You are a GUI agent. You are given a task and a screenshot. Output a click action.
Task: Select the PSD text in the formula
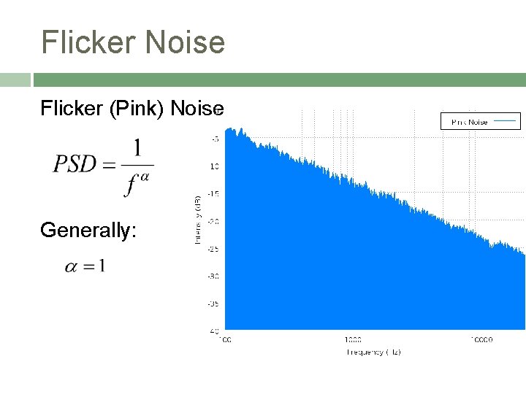click(x=75, y=163)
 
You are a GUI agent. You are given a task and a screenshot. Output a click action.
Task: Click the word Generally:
click(x=88, y=231)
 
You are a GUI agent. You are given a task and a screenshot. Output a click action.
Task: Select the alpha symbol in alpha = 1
click(x=71, y=267)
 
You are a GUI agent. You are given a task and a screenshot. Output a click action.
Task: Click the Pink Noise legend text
click(x=469, y=122)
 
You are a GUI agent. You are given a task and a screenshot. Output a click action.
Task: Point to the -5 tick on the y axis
click(x=214, y=139)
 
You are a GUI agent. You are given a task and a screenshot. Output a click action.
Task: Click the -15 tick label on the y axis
click(x=213, y=193)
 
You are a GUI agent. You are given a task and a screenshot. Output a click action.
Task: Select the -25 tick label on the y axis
click(x=213, y=249)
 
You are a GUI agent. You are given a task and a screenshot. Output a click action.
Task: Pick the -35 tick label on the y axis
click(x=213, y=304)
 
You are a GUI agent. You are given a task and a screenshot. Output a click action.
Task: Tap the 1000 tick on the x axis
click(x=352, y=339)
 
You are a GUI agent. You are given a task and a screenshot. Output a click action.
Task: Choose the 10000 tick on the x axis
click(x=481, y=339)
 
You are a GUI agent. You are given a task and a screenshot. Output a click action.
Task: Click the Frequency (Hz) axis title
click(x=373, y=352)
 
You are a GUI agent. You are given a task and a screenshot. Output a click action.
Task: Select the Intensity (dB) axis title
click(x=197, y=219)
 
